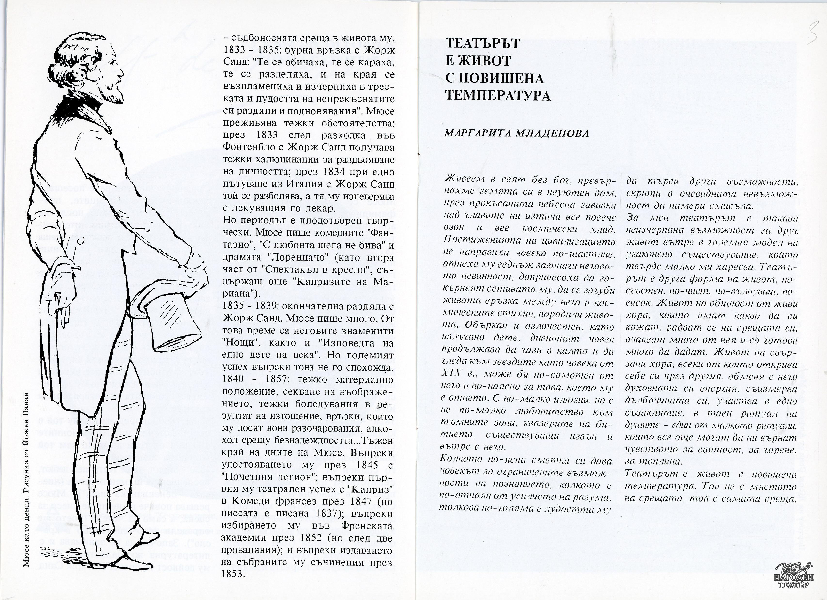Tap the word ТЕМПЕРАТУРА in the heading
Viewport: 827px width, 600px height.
click(x=498, y=95)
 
